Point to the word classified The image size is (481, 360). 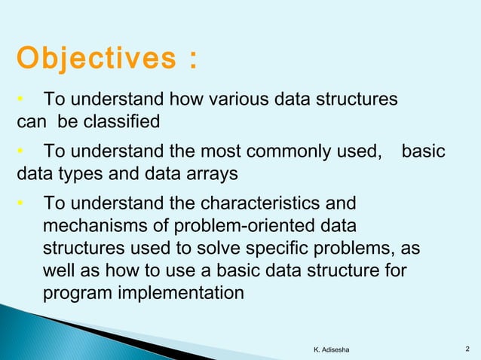[x=124, y=121]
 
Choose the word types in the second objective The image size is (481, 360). [x=83, y=174]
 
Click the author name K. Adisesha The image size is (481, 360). [x=335, y=346]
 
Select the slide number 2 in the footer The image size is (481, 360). [x=468, y=346]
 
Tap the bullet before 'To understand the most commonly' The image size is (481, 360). [x=22, y=154]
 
